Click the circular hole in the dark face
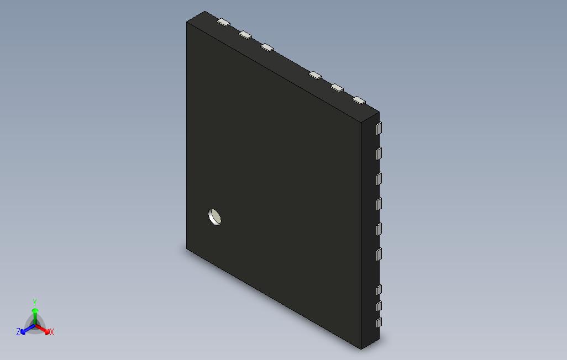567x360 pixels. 215,217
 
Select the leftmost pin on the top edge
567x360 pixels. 224,23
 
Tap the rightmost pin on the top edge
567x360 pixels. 359,100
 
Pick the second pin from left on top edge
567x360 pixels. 245,35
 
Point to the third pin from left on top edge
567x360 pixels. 267,47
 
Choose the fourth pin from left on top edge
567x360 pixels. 316,75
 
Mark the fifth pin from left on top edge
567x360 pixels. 337,87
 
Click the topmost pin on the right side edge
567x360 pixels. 379,128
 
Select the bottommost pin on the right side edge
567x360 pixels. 379,322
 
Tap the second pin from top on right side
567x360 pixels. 379,153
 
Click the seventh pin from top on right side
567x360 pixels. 379,289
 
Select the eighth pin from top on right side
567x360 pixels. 379,306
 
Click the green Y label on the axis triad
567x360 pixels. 34,302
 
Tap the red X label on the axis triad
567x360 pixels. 52,332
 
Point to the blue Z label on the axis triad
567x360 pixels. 18,332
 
